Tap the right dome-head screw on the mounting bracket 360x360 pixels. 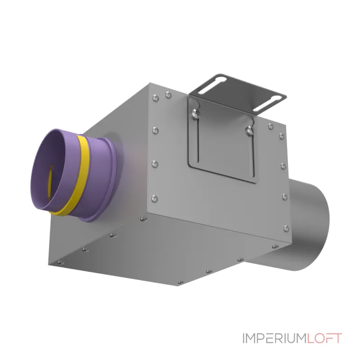(250, 130)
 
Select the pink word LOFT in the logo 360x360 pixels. (324, 338)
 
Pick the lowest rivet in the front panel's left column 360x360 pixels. (154, 198)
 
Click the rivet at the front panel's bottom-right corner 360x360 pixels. (286, 228)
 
